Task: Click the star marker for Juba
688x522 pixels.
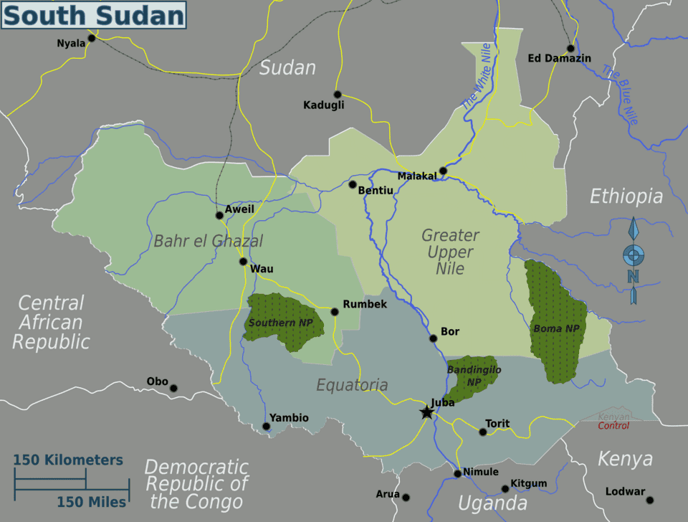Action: [x=427, y=412]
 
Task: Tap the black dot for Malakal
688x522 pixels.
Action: [x=443, y=171]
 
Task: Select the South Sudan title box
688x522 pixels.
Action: [x=94, y=15]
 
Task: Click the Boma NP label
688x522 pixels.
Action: [x=556, y=328]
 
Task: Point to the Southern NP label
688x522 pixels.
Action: [x=281, y=323]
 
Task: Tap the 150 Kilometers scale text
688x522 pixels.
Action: [x=69, y=460]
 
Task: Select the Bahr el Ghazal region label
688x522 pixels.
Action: [x=208, y=241]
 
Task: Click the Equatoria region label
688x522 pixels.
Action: [x=352, y=385]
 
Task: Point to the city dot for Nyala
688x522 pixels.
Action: [x=92, y=37]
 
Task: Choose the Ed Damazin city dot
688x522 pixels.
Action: [x=570, y=49]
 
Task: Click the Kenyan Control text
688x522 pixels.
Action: [x=614, y=422]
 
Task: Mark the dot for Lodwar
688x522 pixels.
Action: [x=650, y=500]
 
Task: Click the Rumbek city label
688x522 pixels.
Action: [x=365, y=304]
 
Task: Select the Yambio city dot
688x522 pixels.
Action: [x=267, y=427]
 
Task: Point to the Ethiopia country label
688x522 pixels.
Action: [x=626, y=196]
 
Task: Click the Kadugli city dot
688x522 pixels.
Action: [x=339, y=94]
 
